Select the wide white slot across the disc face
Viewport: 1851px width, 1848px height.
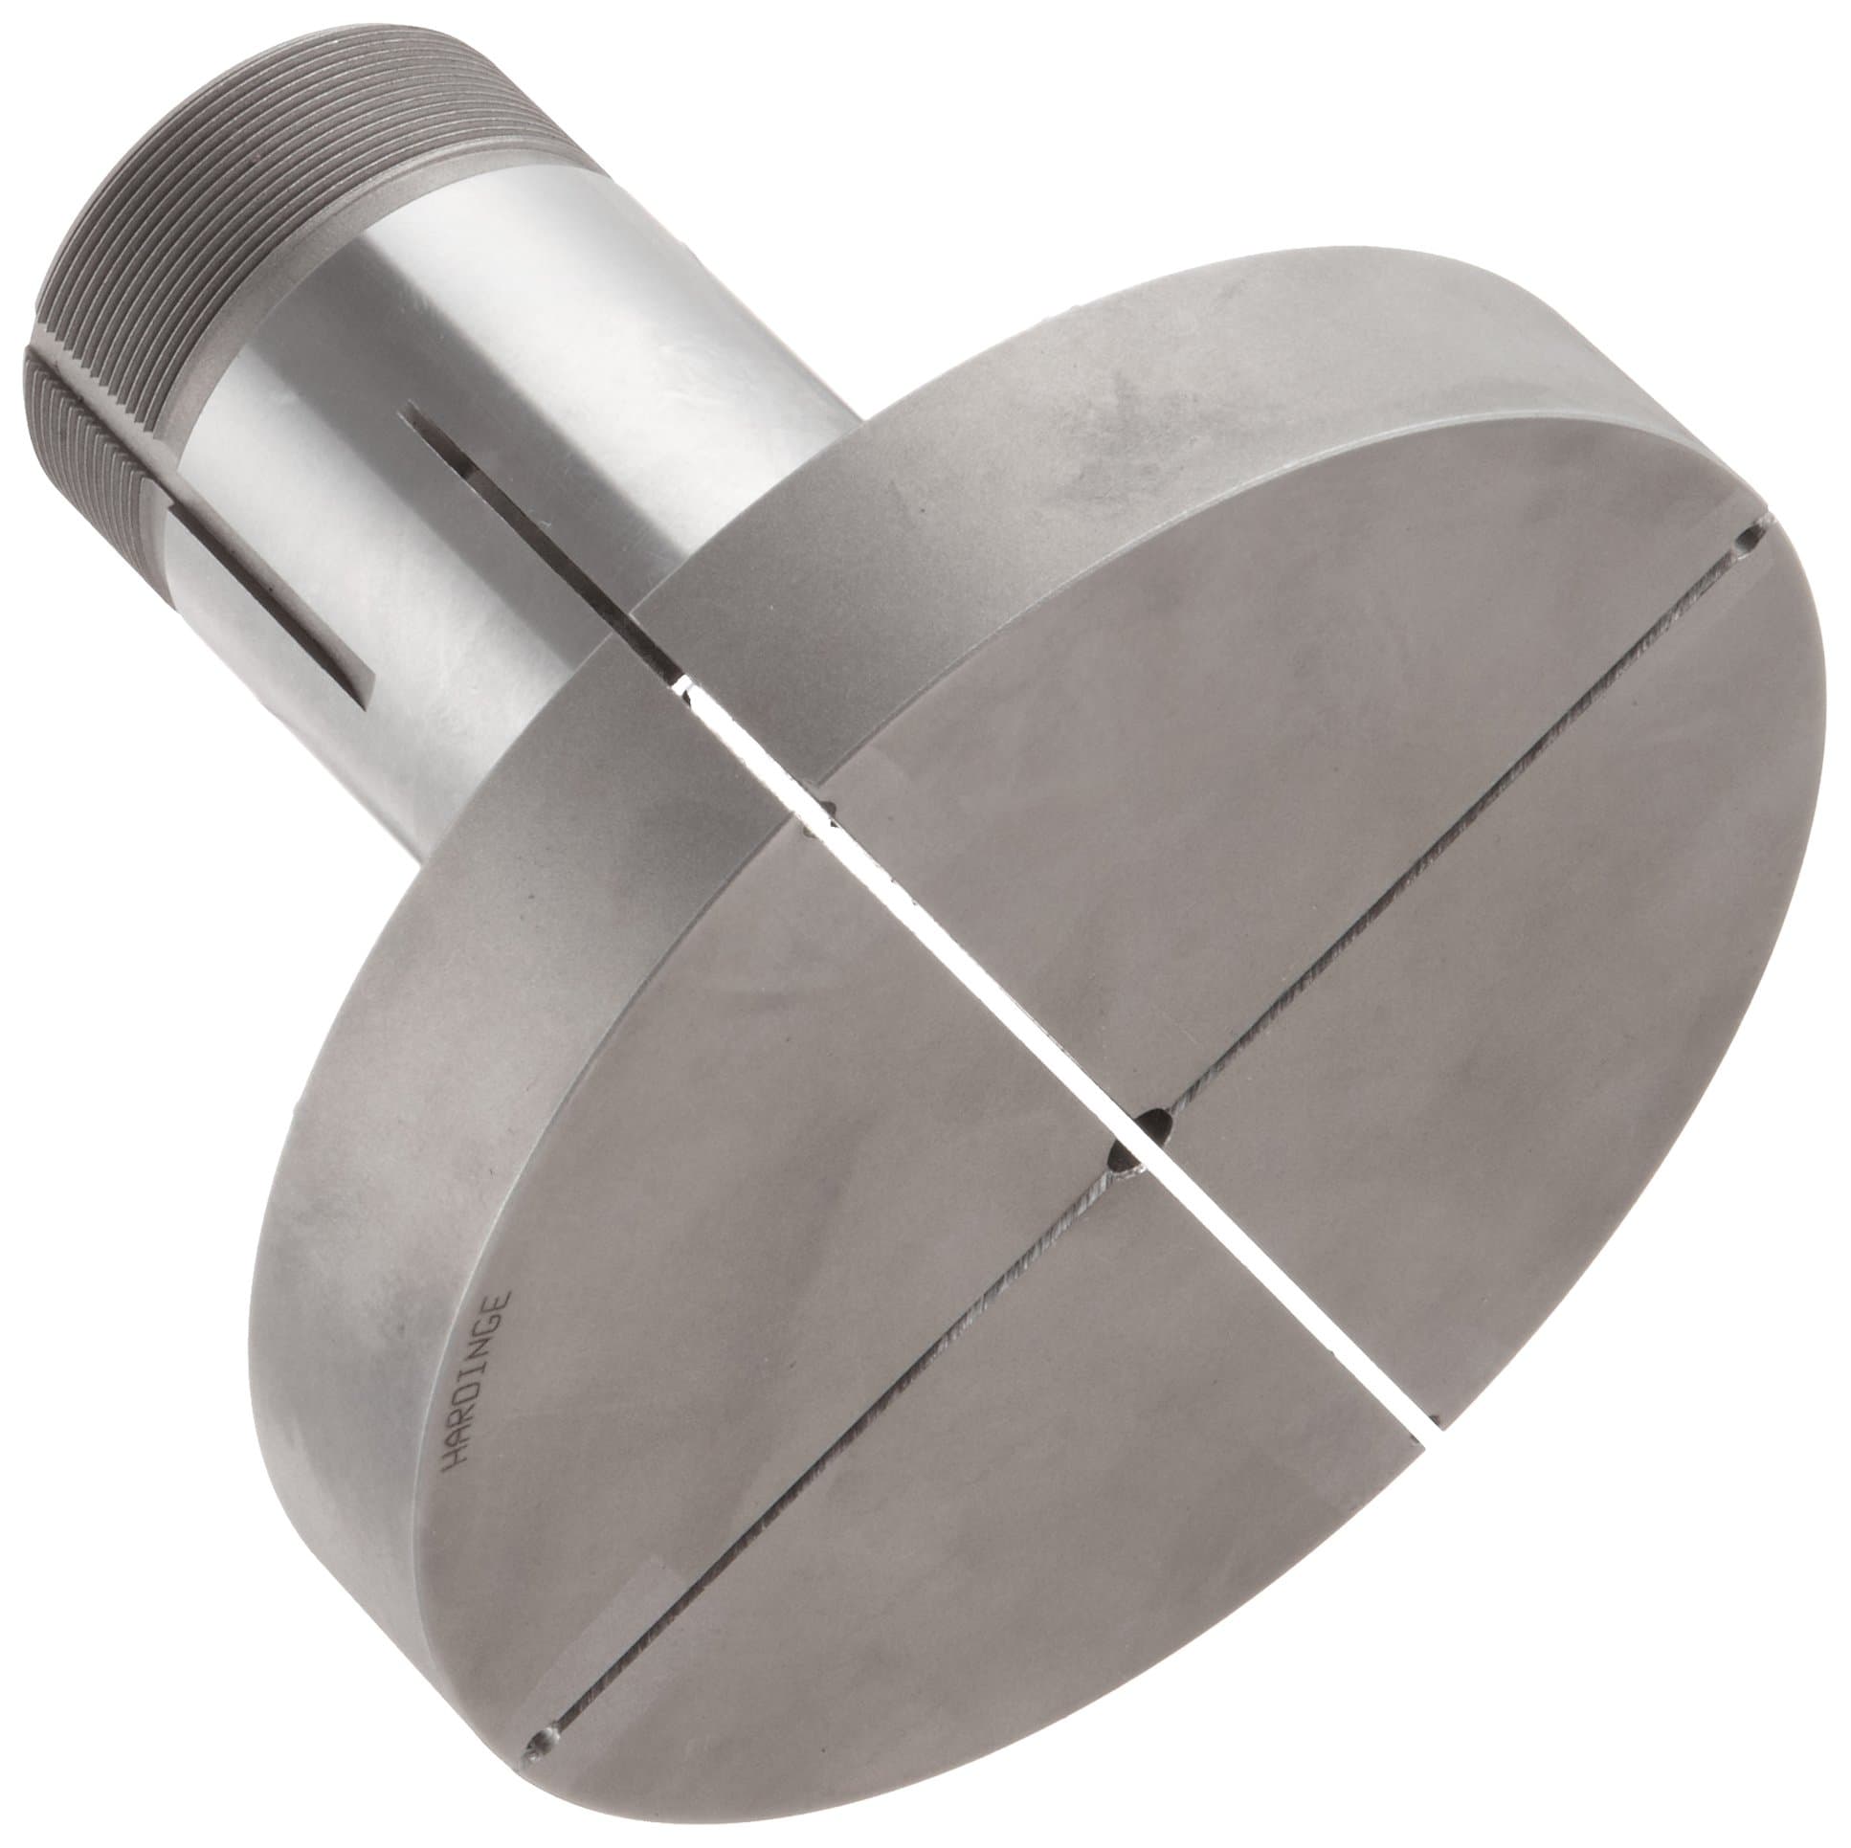coord(1054,1054)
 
